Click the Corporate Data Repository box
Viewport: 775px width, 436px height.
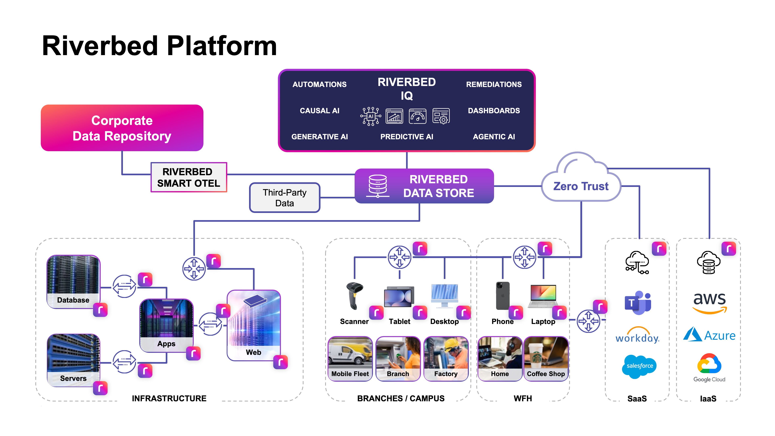(x=122, y=128)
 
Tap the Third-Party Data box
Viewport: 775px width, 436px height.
(x=284, y=198)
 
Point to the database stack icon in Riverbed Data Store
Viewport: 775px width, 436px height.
(x=378, y=186)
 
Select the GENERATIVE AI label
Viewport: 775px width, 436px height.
(x=319, y=137)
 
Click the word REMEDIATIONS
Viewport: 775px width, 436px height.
(x=494, y=85)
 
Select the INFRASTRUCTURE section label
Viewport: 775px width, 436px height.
(x=169, y=398)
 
